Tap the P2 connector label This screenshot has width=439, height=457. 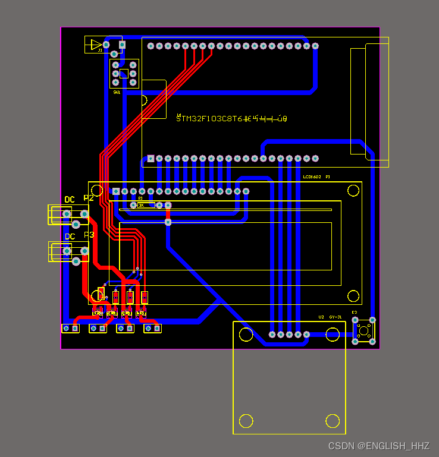(x=89, y=198)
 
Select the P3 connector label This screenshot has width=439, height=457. (x=89, y=235)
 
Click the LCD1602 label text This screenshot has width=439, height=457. (x=312, y=177)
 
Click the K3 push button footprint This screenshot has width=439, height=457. (x=363, y=330)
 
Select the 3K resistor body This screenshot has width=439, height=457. (x=146, y=205)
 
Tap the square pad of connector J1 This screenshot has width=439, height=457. (x=123, y=45)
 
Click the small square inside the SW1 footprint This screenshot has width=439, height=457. (x=124, y=74)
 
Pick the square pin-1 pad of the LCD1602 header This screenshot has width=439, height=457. (x=116, y=191)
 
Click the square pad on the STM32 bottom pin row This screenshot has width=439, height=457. (x=151, y=159)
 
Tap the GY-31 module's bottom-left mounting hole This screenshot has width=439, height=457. (x=246, y=421)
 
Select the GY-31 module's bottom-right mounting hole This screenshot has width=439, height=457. (x=333, y=421)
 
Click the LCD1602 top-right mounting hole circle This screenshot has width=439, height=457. (x=353, y=190)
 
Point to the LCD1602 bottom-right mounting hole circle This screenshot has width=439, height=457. (x=353, y=295)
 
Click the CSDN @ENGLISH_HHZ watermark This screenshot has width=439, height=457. (x=378, y=446)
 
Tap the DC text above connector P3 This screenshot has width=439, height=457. (x=70, y=237)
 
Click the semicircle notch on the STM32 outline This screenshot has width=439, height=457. (x=145, y=99)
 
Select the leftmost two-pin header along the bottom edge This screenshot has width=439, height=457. (x=71, y=328)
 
